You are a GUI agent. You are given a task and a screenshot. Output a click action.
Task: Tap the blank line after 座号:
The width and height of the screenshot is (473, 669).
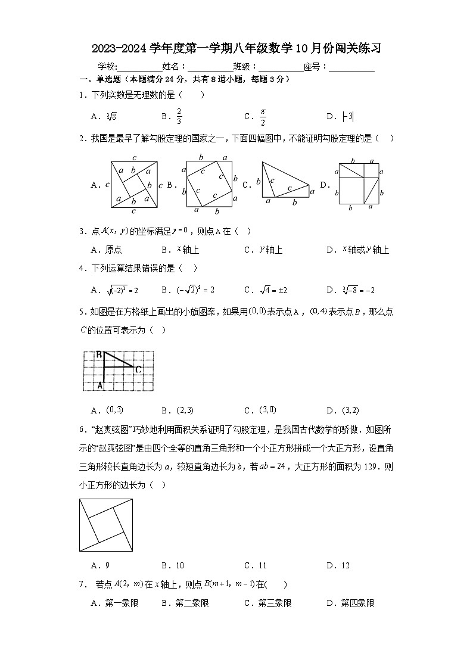coord(351,67)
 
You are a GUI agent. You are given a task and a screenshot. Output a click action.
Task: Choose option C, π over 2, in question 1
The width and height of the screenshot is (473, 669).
coord(262,117)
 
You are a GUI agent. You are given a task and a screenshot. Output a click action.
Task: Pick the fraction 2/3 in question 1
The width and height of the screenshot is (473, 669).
coord(179,117)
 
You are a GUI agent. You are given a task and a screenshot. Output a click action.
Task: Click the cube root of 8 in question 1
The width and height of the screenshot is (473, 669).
coord(111,117)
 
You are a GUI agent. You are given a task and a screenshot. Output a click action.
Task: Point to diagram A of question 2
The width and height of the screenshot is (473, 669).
coord(134,185)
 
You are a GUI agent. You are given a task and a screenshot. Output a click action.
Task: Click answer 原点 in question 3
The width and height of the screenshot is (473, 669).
coord(113,250)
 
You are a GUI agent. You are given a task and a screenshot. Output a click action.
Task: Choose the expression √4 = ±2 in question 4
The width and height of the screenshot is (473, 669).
coord(273,290)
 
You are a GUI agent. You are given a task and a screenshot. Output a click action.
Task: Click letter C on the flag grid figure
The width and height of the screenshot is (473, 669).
coord(138,369)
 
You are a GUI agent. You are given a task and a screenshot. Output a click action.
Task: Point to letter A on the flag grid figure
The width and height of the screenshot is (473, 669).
coord(100,386)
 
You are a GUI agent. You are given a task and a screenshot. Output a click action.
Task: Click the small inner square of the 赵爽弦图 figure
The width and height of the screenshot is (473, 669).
coord(106,524)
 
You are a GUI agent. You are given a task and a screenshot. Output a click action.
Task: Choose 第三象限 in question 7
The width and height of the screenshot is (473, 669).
coord(275,603)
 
